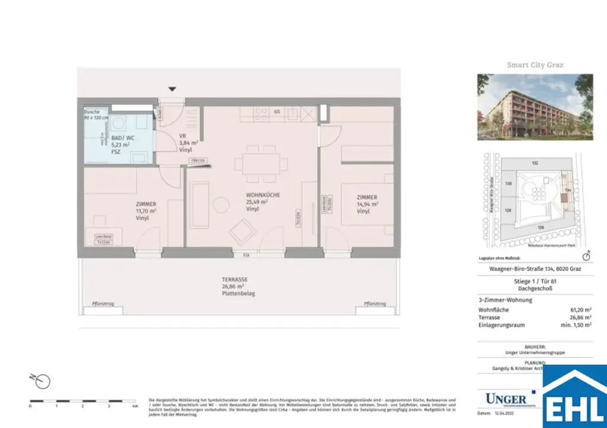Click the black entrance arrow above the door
[x=172, y=89]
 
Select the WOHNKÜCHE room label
[x=263, y=195]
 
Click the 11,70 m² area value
[x=145, y=211]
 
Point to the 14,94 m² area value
[x=367, y=204]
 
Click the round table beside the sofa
[x=221, y=205]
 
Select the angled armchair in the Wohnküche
[x=242, y=231]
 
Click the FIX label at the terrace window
[x=246, y=255]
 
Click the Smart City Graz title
[x=535, y=65]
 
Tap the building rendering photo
[x=535, y=107]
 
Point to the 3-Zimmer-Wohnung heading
[x=505, y=300]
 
